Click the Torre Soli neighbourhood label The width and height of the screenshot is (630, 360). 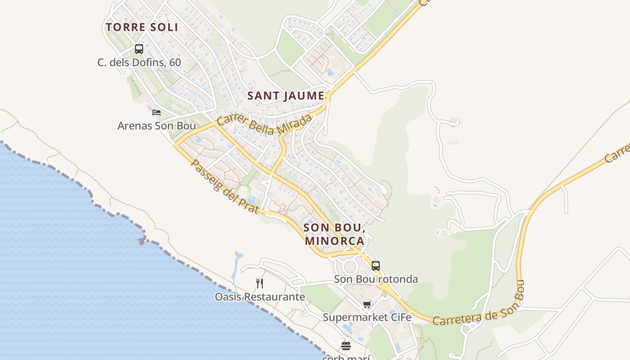142,27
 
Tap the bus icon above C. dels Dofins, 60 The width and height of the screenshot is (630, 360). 139,49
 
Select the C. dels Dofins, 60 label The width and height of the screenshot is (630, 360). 139,62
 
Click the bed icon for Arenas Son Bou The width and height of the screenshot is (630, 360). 157,112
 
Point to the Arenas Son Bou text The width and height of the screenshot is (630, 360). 157,126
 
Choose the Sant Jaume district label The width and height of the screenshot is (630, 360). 286,96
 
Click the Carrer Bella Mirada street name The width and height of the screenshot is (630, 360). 264,125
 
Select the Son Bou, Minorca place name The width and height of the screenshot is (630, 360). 334,234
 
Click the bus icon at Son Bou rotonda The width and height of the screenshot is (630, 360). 376,265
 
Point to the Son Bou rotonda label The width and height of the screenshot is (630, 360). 376,279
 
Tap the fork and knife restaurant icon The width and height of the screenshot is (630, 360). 259,283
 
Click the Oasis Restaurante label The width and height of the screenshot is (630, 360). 260,297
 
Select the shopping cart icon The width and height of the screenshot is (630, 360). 367,305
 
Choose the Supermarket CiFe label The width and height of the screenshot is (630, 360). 367,317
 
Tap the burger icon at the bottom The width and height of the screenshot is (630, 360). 346,346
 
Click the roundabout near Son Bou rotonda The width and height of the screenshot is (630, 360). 350,266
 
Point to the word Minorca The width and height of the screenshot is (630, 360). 334,241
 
